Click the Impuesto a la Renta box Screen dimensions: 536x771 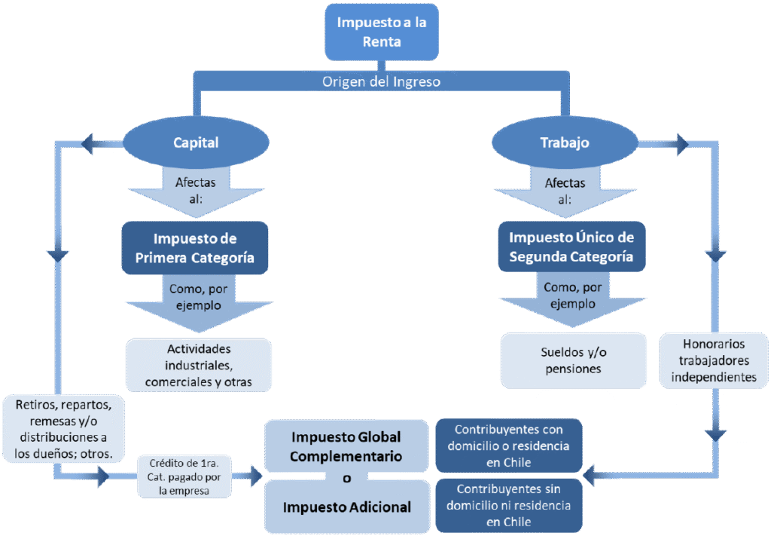tap(381, 32)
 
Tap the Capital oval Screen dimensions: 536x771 tap(196, 142)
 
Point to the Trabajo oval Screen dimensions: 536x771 tap(565, 142)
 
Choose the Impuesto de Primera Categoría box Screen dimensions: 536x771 tap(195, 248)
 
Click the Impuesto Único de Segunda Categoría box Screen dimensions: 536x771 tap(571, 247)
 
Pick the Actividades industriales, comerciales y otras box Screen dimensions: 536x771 tap(199, 366)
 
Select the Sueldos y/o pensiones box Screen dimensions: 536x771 tap(571, 360)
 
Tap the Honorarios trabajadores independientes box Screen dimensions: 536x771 tap(714, 360)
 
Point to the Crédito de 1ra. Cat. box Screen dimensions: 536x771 tap(184, 476)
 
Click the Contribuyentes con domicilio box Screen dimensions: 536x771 tap(508, 445)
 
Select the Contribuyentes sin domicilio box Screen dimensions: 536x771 tap(508, 505)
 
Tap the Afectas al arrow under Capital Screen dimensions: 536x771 tap(196, 191)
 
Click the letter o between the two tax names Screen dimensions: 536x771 tap(346, 478)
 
